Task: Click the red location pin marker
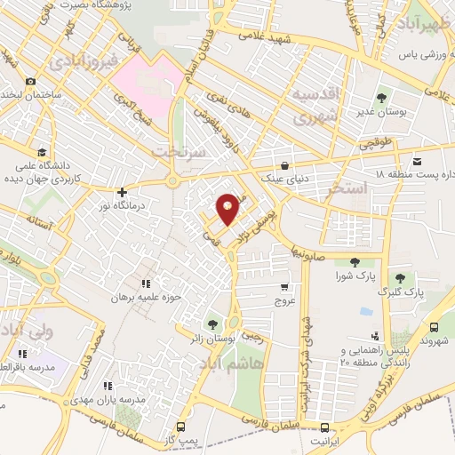[x=227, y=208]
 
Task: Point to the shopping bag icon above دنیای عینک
[x=283, y=165]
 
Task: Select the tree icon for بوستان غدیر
[x=381, y=98]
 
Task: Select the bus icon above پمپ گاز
[x=180, y=427]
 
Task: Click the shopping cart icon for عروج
[x=283, y=287]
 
